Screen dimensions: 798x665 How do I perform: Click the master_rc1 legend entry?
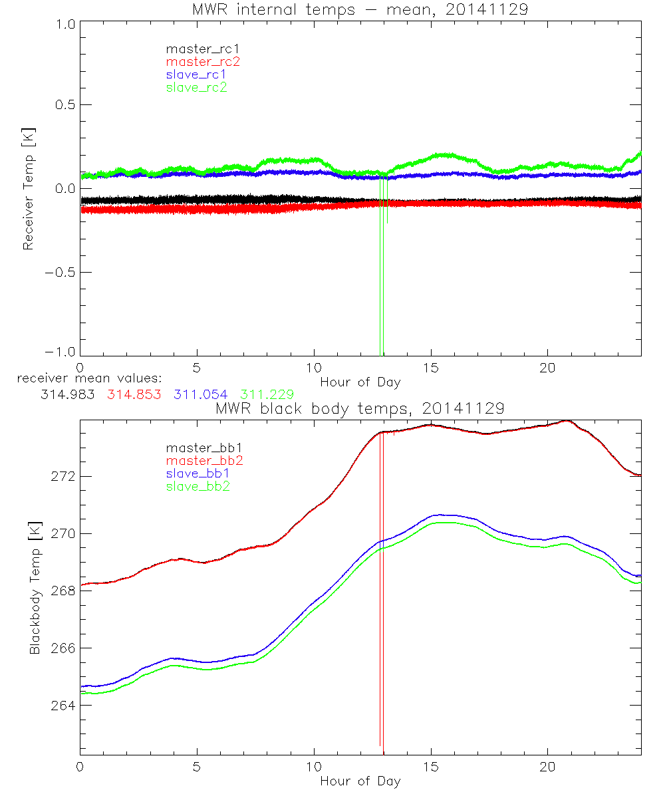point(196,49)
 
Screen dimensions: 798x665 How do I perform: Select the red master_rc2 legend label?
point(203,62)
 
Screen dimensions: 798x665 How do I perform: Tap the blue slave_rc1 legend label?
point(196,74)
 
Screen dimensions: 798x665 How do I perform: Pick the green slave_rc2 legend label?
point(196,87)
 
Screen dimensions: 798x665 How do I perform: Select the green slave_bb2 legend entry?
point(198,487)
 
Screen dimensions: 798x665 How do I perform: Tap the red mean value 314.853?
point(133,394)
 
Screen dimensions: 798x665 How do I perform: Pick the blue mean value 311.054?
point(199,394)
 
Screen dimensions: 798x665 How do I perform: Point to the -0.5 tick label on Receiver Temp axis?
point(59,273)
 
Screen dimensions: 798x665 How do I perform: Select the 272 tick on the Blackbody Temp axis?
point(63,477)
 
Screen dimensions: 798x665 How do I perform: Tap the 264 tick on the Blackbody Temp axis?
point(63,706)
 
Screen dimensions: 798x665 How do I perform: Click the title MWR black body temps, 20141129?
point(360,408)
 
